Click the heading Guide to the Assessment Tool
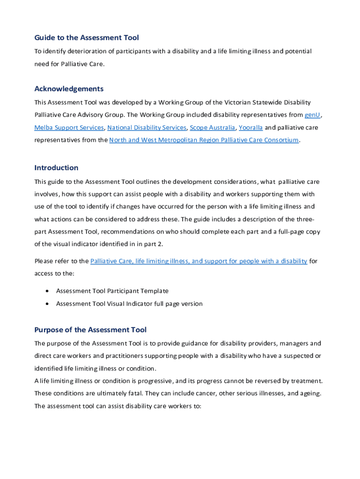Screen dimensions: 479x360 (86, 37)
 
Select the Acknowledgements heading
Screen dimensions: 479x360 (69, 89)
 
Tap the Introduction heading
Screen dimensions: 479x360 (56, 167)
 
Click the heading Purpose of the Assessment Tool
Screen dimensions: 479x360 (90, 330)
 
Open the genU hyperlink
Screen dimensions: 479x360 (312, 115)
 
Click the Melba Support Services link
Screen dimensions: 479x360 (69, 128)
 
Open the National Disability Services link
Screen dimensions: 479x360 (147, 128)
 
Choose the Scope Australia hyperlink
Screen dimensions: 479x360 (213, 128)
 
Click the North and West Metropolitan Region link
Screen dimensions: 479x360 (204, 140)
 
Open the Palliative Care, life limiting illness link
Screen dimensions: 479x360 (199, 261)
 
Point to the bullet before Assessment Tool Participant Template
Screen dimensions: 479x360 (48, 291)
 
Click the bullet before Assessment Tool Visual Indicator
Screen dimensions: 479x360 (48, 304)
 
